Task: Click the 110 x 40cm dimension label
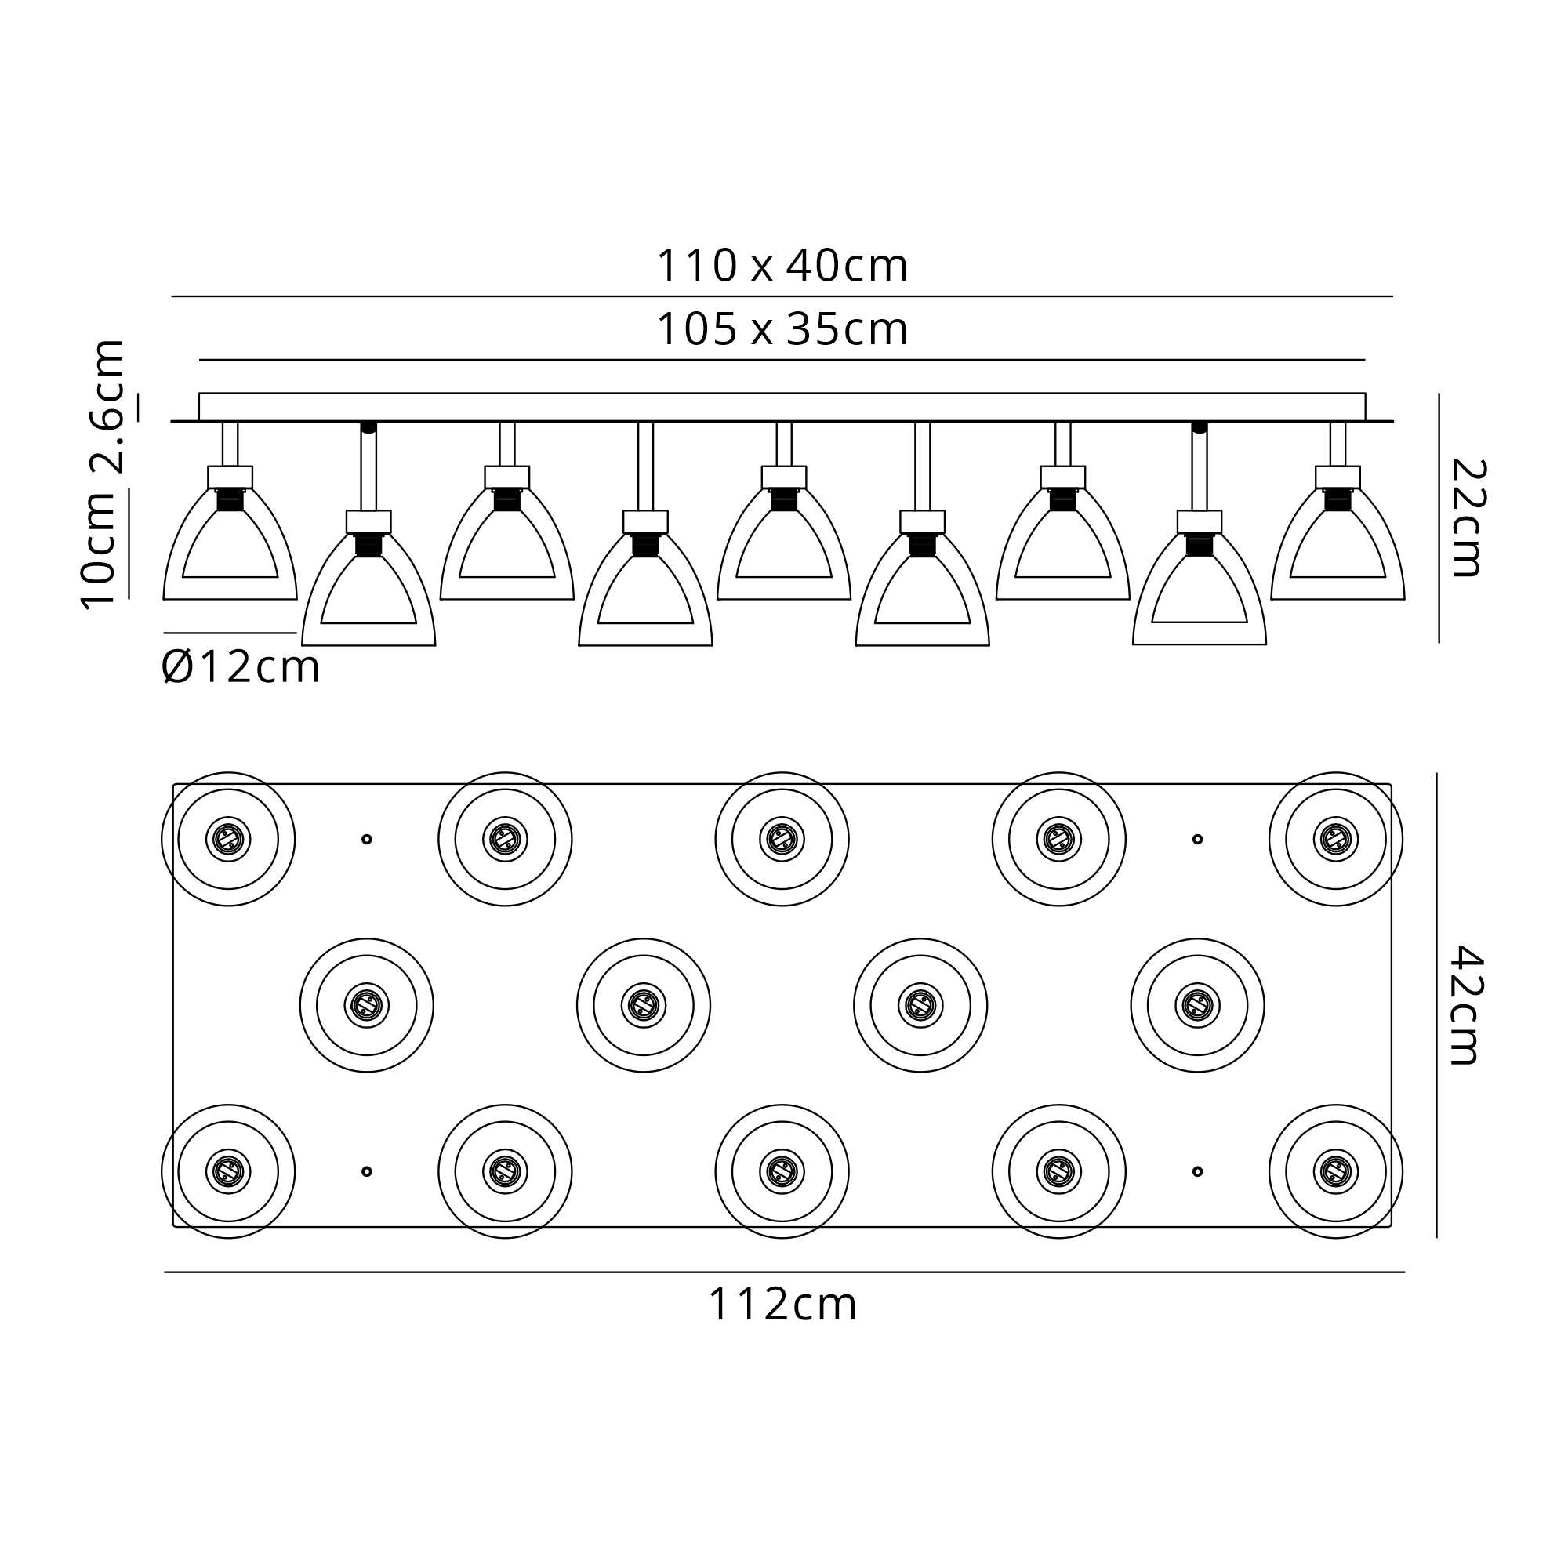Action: pyautogui.click(x=782, y=266)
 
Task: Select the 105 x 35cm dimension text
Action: pyautogui.click(x=782, y=328)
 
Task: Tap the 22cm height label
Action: pyautogui.click(x=1468, y=517)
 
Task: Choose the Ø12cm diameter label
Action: pyautogui.click(x=240, y=667)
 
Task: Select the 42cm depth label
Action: pyautogui.click(x=1466, y=1005)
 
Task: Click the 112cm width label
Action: pyautogui.click(x=782, y=1305)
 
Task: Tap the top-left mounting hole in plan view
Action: pyautogui.click(x=367, y=839)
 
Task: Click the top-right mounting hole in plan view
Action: pyautogui.click(x=1197, y=839)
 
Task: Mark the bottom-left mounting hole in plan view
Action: pyautogui.click(x=367, y=1171)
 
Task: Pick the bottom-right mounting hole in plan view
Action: pyautogui.click(x=1197, y=1171)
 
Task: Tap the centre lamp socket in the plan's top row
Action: pyautogui.click(x=782, y=839)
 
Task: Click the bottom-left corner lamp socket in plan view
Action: pyautogui.click(x=228, y=1171)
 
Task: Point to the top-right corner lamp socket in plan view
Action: pyautogui.click(x=1336, y=839)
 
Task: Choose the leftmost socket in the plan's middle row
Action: pyautogui.click(x=367, y=1006)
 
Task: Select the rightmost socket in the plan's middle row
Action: pyautogui.click(x=1197, y=1006)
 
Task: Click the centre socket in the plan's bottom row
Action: pyautogui.click(x=782, y=1171)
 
